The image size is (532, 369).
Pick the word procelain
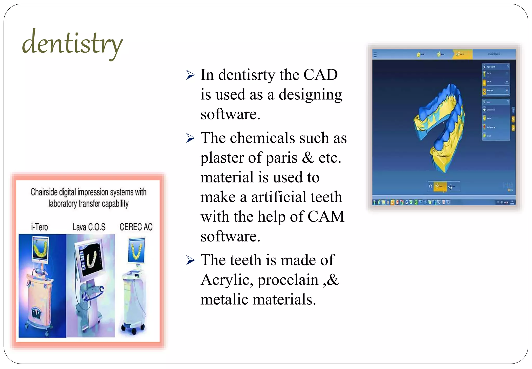288,280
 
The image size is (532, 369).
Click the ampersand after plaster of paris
308,158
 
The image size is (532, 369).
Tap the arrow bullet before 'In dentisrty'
190,75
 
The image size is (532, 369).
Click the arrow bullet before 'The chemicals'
190,138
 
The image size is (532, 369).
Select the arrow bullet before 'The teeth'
190,260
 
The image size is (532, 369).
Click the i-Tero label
39,227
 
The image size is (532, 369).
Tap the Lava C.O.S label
89,227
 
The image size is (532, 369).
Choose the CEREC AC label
136,227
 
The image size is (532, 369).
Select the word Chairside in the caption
44,192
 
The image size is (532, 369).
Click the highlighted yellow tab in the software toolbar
462,54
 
